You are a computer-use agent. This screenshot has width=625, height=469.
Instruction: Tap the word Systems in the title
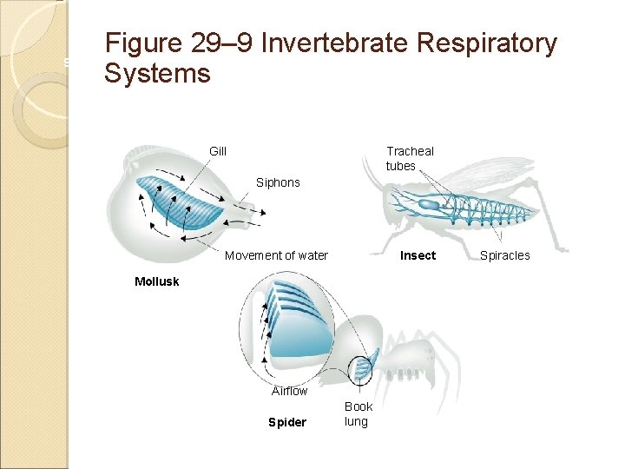click(157, 74)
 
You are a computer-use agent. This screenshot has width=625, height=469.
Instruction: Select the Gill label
click(218, 151)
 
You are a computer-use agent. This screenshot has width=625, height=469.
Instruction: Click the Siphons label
click(278, 182)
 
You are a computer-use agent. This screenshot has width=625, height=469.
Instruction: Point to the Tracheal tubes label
click(409, 158)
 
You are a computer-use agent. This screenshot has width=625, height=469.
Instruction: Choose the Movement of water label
click(276, 255)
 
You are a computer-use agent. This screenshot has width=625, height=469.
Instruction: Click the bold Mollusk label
click(157, 281)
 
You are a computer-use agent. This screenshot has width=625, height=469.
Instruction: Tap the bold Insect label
click(418, 255)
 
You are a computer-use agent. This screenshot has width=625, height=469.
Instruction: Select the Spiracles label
click(504, 255)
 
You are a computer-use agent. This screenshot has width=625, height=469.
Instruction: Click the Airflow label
click(289, 391)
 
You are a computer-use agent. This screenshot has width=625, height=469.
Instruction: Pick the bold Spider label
click(287, 423)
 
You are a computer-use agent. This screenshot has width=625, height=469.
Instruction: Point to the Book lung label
click(358, 413)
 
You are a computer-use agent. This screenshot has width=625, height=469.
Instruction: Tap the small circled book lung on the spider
click(360, 369)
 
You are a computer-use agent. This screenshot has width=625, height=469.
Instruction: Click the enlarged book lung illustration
click(295, 326)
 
